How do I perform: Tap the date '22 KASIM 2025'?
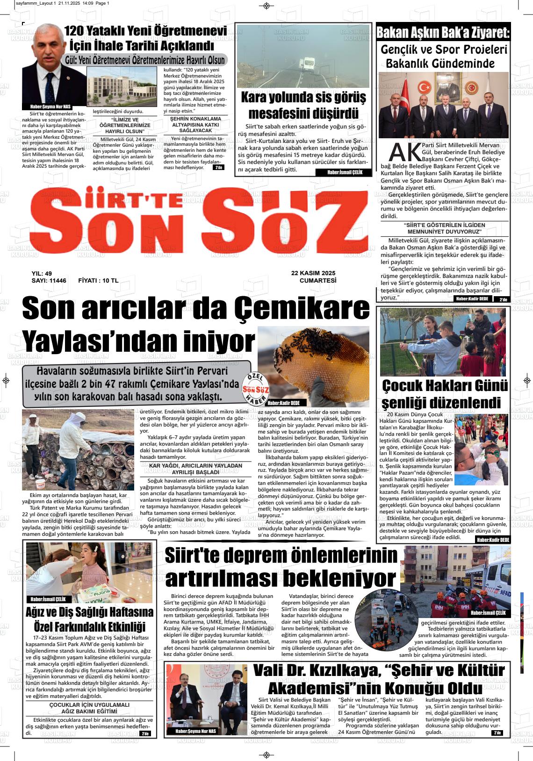(313, 273)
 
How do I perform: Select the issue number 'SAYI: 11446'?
(49, 281)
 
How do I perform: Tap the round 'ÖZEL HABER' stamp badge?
(256, 389)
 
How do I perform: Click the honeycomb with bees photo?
(313, 362)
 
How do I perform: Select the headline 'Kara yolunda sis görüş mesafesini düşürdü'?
(303, 105)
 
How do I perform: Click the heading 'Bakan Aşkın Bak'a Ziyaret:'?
(442, 33)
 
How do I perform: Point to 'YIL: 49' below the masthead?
(41, 273)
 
